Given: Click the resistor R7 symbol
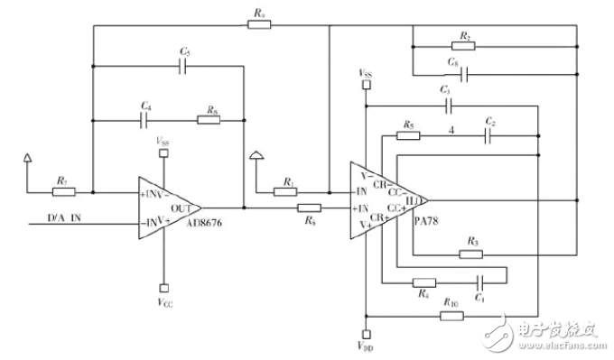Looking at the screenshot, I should pos(64,191).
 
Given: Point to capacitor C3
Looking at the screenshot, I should pos(446,106).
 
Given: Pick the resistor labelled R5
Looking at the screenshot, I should pos(408,136).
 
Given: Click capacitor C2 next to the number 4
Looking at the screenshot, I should pos(488,136).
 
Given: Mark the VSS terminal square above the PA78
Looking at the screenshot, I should pos(366,85).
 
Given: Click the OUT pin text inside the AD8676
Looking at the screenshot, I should pos(181,207).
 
